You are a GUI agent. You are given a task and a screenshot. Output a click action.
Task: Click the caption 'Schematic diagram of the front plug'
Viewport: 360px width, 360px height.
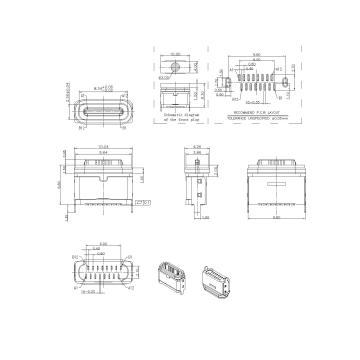[x=181, y=118]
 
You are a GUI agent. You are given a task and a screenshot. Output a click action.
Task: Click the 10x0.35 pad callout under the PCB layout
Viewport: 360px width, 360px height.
[x=244, y=102]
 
